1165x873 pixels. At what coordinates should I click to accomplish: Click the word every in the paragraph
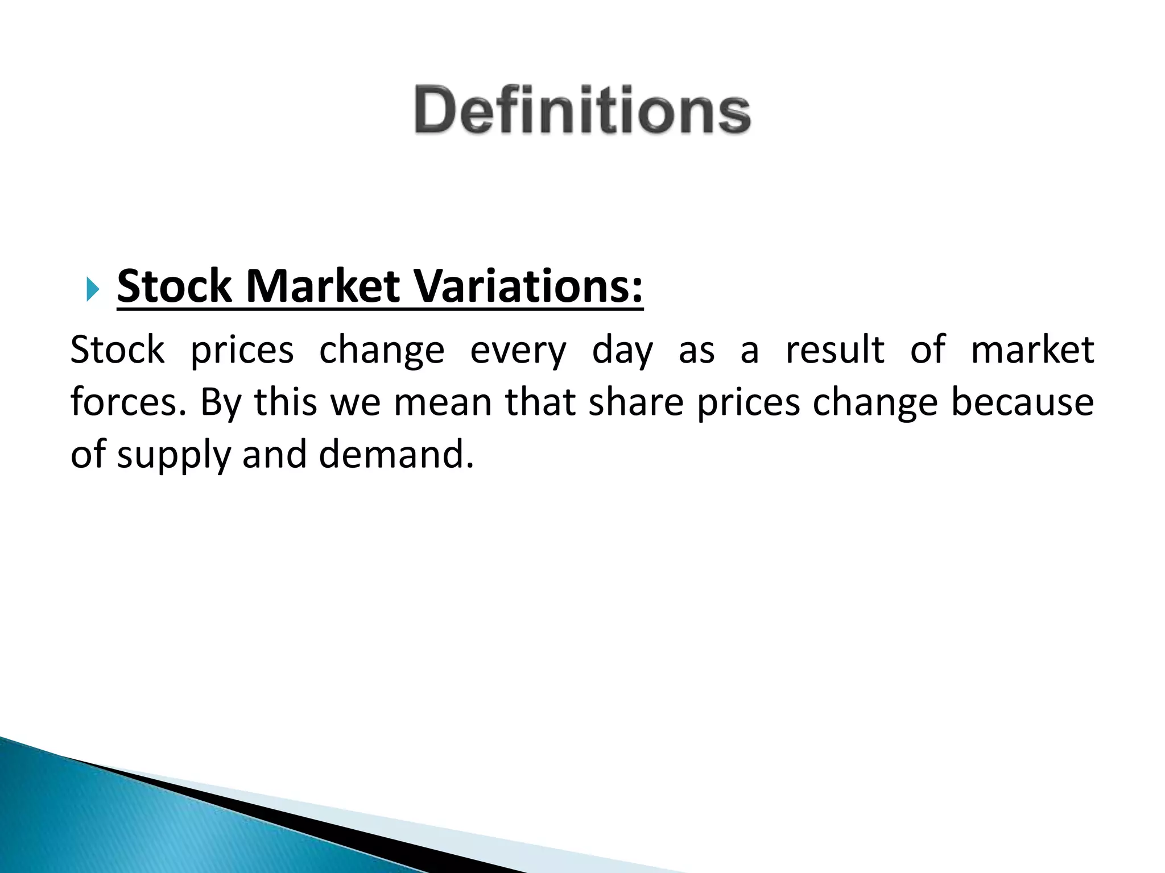pyautogui.click(x=518, y=350)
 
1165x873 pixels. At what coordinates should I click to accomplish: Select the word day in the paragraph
pyautogui.click(x=622, y=350)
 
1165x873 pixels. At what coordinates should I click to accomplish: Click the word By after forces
pyautogui.click(x=221, y=404)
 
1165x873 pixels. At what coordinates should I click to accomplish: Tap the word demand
pyautogui.click(x=396, y=454)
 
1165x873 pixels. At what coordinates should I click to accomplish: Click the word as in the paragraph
pyautogui.click(x=696, y=350)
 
